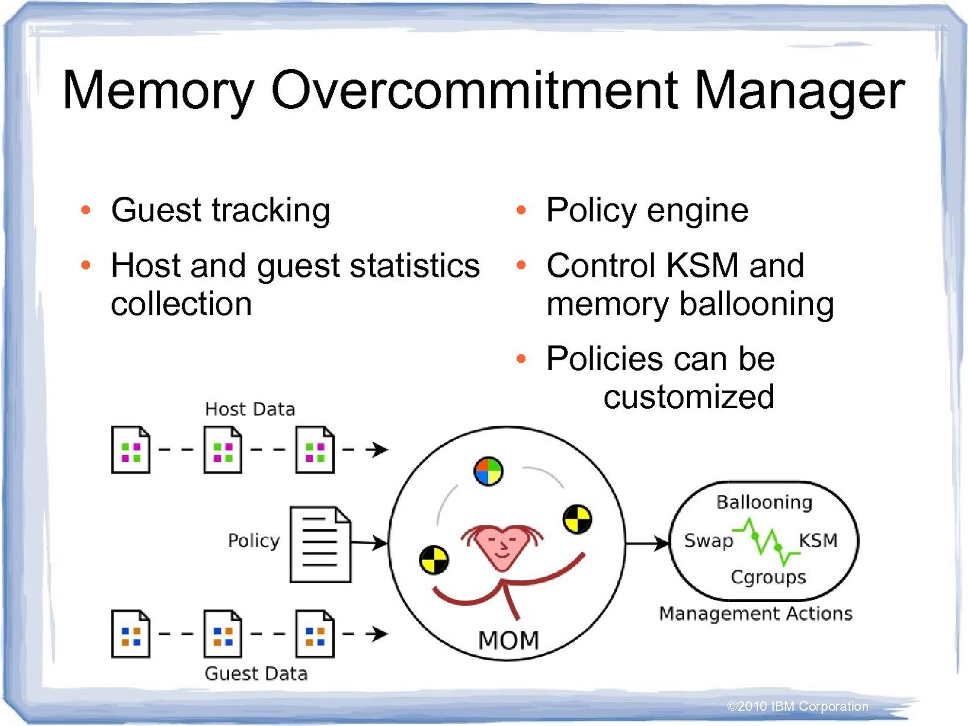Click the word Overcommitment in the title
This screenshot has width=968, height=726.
(474, 91)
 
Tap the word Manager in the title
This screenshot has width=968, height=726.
(799, 91)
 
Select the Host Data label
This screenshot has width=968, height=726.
(250, 409)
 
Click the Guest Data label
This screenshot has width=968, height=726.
(256, 673)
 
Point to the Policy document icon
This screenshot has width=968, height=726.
(320, 544)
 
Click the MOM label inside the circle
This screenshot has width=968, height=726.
(509, 640)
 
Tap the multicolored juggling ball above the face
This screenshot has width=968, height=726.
(489, 472)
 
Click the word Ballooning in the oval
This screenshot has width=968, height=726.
(764, 502)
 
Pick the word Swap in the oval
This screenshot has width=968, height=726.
(708, 540)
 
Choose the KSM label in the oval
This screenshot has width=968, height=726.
(818, 540)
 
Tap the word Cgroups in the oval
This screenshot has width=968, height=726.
(768, 578)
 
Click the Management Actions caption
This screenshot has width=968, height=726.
(756, 613)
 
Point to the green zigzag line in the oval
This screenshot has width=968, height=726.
(766, 540)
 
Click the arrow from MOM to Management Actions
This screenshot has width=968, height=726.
(647, 543)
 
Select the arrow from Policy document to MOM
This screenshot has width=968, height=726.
(369, 543)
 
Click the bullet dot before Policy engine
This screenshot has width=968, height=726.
(521, 210)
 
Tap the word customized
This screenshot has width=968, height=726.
(689, 397)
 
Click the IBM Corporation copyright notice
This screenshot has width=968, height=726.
(797, 706)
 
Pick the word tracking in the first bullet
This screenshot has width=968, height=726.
(271, 211)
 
